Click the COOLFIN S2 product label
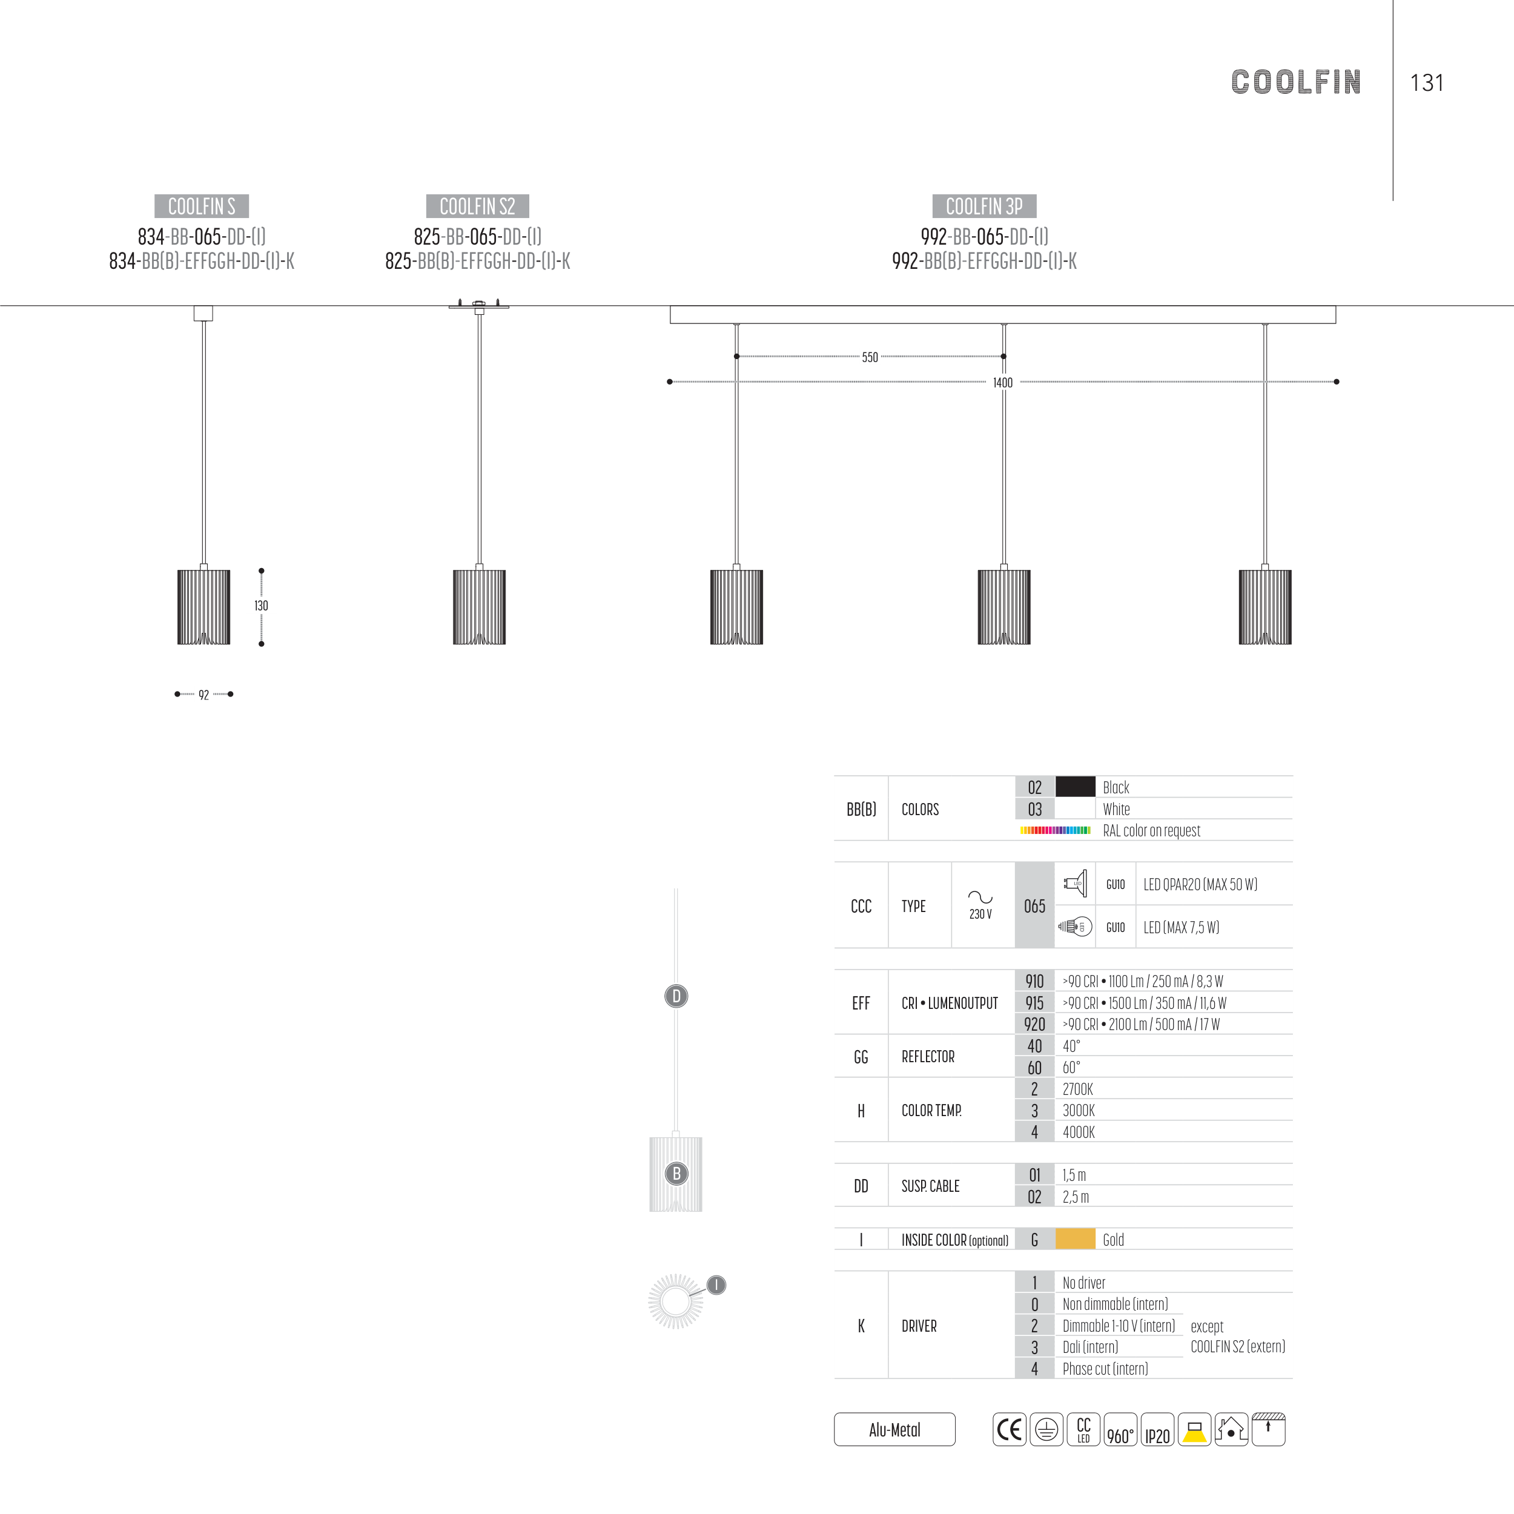(x=477, y=206)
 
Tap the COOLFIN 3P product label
(x=983, y=206)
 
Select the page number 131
(x=1426, y=83)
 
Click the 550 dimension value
(x=870, y=357)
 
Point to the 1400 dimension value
(x=1002, y=382)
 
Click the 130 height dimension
(x=261, y=606)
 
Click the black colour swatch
(x=1075, y=787)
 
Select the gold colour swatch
(x=1075, y=1239)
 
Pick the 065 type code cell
(x=1034, y=906)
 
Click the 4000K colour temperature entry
(x=1079, y=1132)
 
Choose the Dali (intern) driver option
(x=1090, y=1347)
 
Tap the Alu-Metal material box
(x=894, y=1429)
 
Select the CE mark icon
(x=1010, y=1429)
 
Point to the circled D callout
(x=676, y=996)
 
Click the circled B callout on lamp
(x=676, y=1173)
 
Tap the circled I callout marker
(x=716, y=1285)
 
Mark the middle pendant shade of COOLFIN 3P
(x=1004, y=607)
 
